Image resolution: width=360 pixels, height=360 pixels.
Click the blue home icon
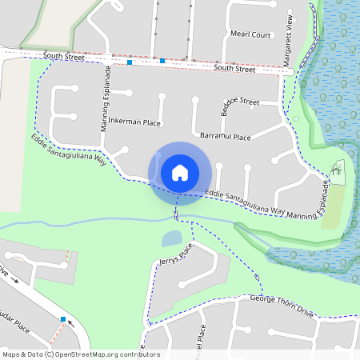click(x=180, y=173)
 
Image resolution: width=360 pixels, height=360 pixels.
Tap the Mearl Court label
click(x=250, y=35)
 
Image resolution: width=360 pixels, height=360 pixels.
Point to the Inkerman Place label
click(x=134, y=122)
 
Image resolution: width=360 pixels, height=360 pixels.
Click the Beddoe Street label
click(x=240, y=102)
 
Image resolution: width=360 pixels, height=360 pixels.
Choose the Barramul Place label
click(x=225, y=137)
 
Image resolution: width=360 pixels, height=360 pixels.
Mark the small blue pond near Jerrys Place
click(x=172, y=238)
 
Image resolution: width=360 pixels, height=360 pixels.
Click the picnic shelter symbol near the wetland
click(x=338, y=167)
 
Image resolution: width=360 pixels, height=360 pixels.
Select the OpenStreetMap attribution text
click(x=81, y=354)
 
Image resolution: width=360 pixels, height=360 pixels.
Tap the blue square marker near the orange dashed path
click(x=63, y=319)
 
